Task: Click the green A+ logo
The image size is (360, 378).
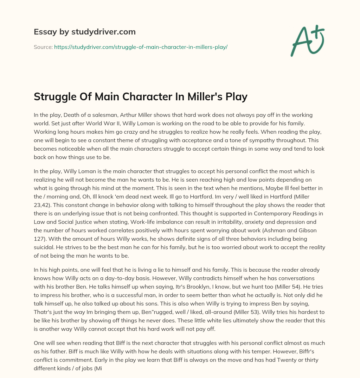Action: click(307, 40)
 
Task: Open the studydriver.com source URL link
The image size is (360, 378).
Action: click(141, 47)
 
